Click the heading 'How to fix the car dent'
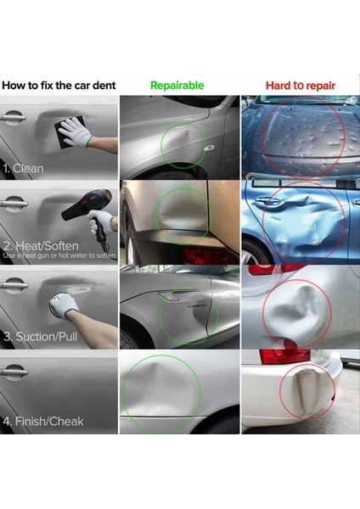[59, 86]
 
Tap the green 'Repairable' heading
[177, 86]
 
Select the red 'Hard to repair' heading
[300, 86]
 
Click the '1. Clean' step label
[25, 168]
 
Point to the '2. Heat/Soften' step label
[37, 245]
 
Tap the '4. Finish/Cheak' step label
[42, 421]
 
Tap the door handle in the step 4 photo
[14, 372]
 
